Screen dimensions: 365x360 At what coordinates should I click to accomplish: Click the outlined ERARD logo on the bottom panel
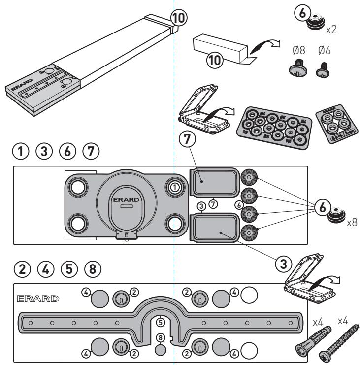click(x=37, y=299)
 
